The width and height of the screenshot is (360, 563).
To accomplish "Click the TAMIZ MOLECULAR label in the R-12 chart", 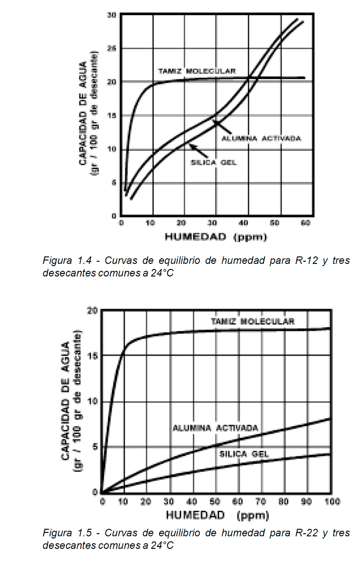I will [197, 71].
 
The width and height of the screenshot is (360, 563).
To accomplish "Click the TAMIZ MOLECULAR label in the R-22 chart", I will [253, 321].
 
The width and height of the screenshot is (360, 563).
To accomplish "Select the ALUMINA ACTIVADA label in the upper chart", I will [261, 139].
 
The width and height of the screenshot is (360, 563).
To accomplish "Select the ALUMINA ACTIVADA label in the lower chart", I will [215, 428].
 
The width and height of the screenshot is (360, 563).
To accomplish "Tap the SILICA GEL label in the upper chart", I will [214, 163].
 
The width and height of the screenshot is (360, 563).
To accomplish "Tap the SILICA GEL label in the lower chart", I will [244, 454].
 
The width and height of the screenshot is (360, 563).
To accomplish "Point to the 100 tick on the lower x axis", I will [332, 501].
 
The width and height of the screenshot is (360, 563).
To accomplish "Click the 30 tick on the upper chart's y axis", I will [112, 15].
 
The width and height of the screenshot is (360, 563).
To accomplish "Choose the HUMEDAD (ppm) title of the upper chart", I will [216, 237].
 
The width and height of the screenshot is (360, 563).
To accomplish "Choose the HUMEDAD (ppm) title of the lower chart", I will [217, 515].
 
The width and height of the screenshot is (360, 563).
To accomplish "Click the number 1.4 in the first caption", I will [84, 261].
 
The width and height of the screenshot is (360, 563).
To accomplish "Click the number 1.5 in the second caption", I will [84, 533].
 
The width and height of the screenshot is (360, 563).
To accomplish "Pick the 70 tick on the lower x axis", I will [260, 501].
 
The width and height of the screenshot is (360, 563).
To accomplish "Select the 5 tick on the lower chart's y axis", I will [94, 447].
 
